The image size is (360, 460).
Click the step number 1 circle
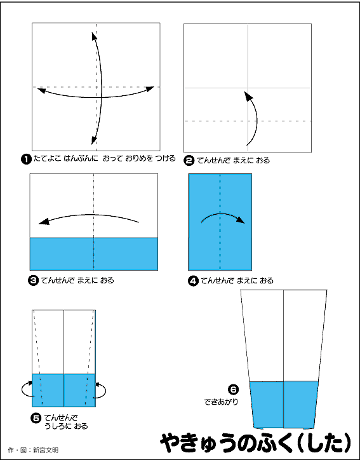(26, 159)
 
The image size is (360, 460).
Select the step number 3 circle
(33, 281)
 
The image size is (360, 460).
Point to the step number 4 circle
(193, 281)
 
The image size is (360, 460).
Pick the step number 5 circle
(36, 418)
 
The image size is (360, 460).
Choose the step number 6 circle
(234, 389)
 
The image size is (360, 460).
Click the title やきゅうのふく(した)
(256, 443)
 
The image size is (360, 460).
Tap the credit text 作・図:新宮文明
(33, 450)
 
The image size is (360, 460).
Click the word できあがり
(221, 402)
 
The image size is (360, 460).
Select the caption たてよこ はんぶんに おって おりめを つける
(105, 158)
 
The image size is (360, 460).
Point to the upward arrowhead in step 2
(248, 96)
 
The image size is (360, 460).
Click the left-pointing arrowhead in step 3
(44, 222)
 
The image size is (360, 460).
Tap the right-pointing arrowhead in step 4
(241, 220)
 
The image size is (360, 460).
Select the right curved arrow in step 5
(105, 390)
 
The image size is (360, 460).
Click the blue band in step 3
(94, 254)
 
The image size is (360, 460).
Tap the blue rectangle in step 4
(220, 222)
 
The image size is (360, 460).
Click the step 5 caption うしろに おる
(66, 426)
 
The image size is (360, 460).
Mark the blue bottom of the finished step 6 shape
(284, 405)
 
